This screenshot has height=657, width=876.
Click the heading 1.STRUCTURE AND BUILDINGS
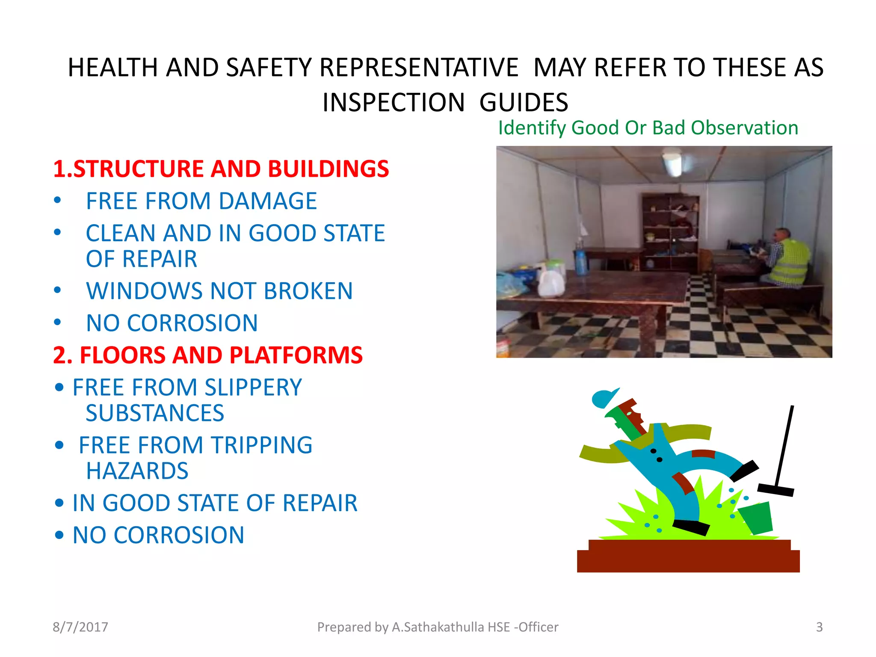coord(221,169)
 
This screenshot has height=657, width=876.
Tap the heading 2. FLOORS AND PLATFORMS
coord(208,355)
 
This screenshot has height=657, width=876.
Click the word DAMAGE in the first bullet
coord(268,201)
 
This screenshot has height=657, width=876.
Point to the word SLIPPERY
coord(253,388)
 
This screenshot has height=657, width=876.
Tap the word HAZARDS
coord(137,471)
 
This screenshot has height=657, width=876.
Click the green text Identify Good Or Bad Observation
coord(648,128)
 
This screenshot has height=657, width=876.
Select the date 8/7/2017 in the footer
coord(80,627)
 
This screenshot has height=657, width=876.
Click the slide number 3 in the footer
coord(819,627)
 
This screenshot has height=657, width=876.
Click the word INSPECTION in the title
coord(394,103)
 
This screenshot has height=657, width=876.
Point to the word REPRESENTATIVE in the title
coord(419,68)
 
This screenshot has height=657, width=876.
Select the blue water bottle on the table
coord(581,261)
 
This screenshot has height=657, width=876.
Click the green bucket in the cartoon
coord(757,518)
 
